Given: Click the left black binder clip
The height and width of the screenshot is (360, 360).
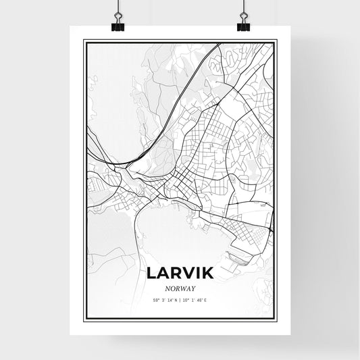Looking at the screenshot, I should (117, 26).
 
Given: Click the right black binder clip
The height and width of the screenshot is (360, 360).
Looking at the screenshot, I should (243, 26).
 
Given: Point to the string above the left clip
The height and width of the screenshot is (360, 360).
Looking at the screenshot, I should (117, 8).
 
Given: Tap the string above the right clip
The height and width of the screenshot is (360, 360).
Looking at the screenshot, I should (243, 8).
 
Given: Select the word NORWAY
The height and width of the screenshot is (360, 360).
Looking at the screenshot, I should (180, 287).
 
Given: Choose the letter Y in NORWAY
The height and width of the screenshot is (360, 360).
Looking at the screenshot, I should (194, 287).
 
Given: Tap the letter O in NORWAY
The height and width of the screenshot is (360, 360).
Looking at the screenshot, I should (170, 287).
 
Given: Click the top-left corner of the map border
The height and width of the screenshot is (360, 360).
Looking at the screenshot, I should (84, 41).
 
